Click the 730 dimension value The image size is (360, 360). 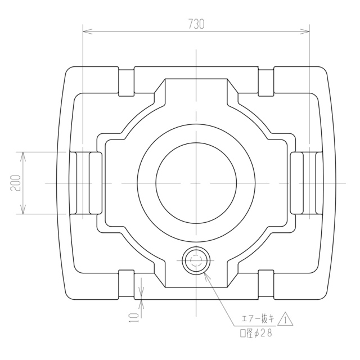(196, 24)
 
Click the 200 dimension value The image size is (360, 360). (16, 183)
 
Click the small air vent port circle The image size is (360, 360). (196, 260)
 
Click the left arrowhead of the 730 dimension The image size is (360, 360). (87, 31)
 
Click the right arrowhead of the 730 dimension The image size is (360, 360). (305, 31)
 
